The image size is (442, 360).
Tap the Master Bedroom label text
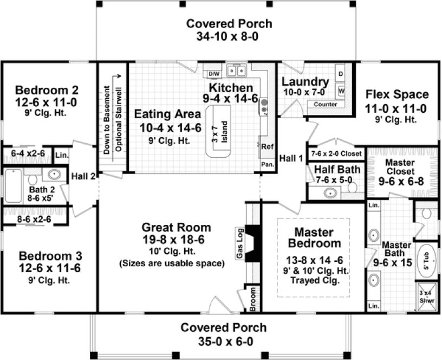315,237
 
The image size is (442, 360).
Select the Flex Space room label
397,94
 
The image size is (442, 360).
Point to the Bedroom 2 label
47,89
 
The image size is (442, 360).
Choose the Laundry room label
305,82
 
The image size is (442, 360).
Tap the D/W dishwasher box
214,73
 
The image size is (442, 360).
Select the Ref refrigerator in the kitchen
267,146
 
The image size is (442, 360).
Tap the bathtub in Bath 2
15,185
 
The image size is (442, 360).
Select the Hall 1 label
290,158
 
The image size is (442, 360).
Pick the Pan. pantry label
267,164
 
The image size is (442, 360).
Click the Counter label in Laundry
325,104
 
